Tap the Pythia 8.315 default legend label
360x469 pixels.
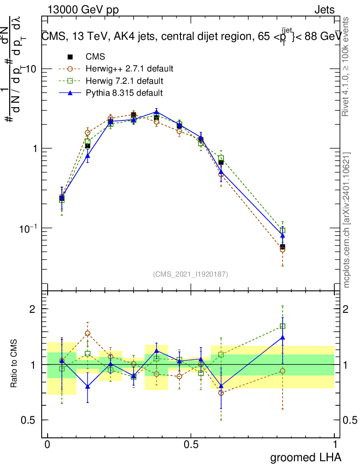point(124,93)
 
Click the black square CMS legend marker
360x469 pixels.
point(70,57)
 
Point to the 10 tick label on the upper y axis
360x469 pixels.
point(31,69)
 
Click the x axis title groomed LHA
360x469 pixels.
point(306,457)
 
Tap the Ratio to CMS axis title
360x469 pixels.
point(14,364)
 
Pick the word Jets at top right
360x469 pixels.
point(324,10)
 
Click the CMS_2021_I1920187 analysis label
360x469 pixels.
point(191,274)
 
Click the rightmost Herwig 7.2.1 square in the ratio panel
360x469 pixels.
point(283,326)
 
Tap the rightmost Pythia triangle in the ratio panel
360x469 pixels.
point(283,338)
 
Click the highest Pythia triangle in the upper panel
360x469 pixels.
point(157,112)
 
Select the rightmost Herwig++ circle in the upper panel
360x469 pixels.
point(283,250)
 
